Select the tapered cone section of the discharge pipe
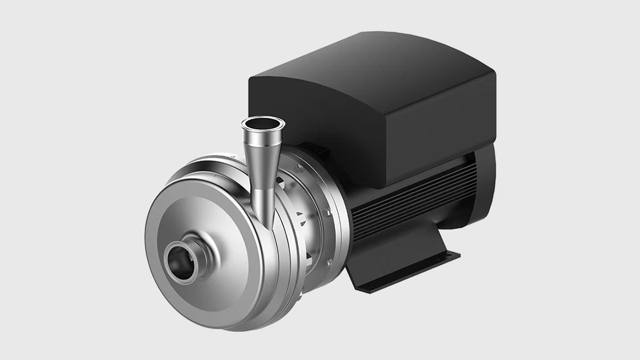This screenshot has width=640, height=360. click(x=260, y=155)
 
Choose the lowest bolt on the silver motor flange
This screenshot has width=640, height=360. click(x=329, y=261)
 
